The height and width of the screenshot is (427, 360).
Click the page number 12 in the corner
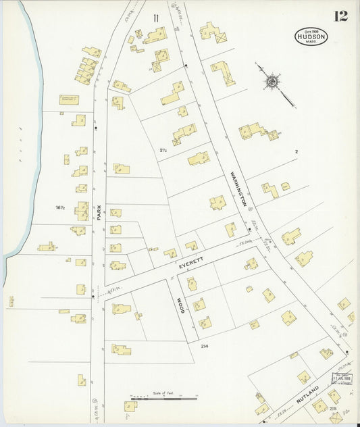(x=340, y=16)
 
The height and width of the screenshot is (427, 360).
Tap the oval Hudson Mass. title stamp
(x=311, y=36)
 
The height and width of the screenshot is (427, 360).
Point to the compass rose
(x=272, y=82)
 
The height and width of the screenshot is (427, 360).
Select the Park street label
(x=99, y=214)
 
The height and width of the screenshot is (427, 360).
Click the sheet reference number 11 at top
(x=156, y=18)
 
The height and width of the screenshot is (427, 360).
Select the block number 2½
(x=163, y=149)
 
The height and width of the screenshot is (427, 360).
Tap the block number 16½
(x=61, y=207)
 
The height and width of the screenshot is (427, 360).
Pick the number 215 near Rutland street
(x=332, y=408)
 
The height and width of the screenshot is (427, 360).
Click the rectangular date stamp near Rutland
(x=342, y=378)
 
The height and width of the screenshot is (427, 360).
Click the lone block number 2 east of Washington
(x=296, y=152)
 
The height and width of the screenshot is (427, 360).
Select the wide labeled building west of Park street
(x=69, y=99)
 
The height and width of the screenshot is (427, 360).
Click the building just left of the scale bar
(x=130, y=406)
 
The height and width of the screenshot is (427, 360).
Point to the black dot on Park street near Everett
(x=93, y=295)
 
